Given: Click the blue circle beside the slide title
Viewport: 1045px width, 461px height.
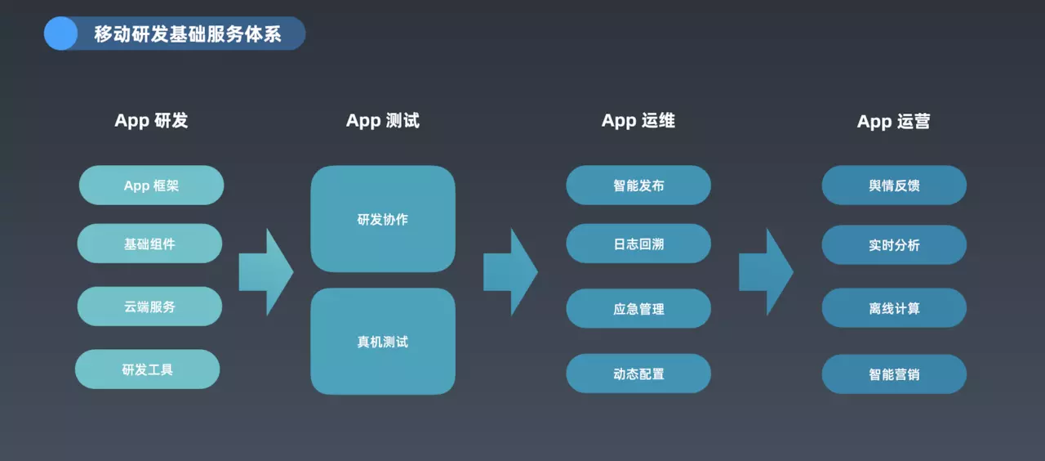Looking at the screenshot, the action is [60, 34].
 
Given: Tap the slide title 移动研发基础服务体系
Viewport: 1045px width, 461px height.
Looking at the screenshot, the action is [188, 34].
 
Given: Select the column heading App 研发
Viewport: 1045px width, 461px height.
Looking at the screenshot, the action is [151, 120].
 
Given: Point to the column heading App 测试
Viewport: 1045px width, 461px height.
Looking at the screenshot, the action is [383, 120].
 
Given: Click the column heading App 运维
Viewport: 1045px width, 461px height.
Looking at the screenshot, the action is [638, 120].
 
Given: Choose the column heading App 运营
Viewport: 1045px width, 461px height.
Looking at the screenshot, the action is [893, 122].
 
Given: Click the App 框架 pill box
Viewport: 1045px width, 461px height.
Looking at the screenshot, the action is [151, 185].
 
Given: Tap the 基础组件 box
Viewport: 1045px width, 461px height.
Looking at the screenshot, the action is [149, 244].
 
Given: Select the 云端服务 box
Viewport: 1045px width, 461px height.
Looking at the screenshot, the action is [149, 307].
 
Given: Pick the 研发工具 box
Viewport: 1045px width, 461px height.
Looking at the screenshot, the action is [148, 369].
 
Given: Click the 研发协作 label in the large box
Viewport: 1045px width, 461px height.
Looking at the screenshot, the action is [383, 220].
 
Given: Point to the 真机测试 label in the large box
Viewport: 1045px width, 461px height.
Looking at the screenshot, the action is [383, 342].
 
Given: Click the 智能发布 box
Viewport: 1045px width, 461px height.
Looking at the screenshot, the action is [638, 185].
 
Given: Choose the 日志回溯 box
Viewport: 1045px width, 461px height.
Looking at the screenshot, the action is [638, 244].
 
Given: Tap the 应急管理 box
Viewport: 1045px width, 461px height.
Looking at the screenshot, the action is [638, 308].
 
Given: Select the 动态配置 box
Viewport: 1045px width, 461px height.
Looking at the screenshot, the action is [638, 374].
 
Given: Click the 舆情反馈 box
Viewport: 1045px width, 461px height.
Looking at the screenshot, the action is [894, 185].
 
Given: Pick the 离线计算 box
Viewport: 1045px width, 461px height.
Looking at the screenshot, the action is [894, 308].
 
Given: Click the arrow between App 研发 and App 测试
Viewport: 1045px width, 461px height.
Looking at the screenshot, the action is [266, 272].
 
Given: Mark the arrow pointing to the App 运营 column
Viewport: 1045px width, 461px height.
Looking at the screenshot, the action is [767, 272].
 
